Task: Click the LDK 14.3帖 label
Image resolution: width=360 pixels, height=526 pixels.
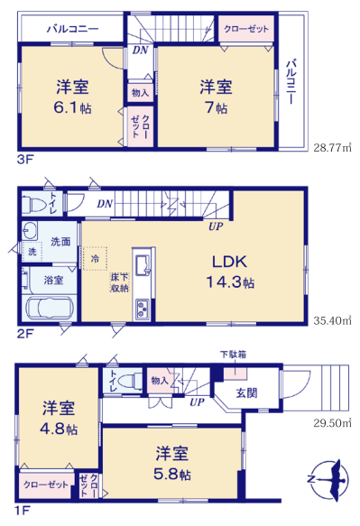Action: tap(230, 272)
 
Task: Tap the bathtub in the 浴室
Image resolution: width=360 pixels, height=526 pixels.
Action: tap(50, 308)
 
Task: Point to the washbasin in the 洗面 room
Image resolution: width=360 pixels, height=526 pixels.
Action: tap(30, 231)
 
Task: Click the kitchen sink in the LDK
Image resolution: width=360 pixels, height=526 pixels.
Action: tap(143, 265)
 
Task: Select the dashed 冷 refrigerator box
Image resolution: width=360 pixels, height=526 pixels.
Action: tap(96, 258)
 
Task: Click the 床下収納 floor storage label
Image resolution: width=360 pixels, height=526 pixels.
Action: tap(120, 282)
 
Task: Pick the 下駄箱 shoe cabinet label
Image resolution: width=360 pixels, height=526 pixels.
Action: tap(233, 355)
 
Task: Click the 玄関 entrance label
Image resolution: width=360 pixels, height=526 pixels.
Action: tap(246, 392)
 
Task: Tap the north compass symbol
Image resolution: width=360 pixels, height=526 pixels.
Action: tap(328, 480)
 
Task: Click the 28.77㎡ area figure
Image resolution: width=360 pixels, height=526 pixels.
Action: tap(332, 148)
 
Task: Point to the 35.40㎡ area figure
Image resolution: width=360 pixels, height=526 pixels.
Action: tap(332, 320)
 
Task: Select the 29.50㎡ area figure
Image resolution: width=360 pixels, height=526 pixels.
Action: tap(332, 423)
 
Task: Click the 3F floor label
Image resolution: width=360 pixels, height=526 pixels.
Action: tap(25, 160)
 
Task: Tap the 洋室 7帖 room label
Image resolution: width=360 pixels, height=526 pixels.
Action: tap(216, 97)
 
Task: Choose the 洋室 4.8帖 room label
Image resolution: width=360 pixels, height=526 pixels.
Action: tap(59, 418)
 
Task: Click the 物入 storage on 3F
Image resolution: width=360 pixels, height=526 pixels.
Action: tap(140, 92)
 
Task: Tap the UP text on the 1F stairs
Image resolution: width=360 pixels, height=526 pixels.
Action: tap(197, 402)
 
